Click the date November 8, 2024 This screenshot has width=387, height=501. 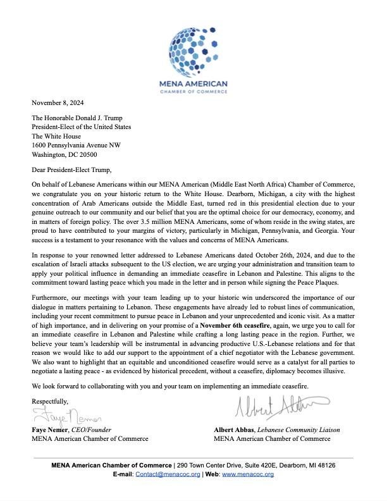(x=58, y=102)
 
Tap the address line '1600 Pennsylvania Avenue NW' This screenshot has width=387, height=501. (x=76, y=145)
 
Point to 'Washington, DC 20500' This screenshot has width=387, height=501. (x=64, y=154)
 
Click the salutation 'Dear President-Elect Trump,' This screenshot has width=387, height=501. (x=71, y=170)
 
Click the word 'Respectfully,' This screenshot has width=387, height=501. (x=50, y=401)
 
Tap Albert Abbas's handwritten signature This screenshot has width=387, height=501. (x=282, y=406)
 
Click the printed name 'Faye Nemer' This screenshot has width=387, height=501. (x=49, y=430)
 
